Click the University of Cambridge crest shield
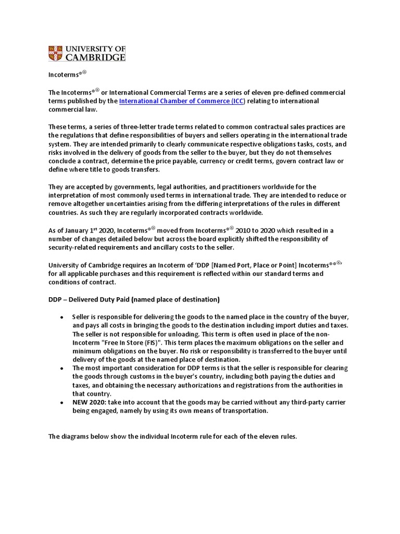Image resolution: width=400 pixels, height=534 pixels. [x=55, y=53]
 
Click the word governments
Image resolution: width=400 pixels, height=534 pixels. [x=116, y=187]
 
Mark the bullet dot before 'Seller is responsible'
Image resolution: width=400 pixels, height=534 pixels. [x=62, y=318]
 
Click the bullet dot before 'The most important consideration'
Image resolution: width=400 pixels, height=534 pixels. [x=62, y=368]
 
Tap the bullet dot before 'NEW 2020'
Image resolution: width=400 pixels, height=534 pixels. [x=62, y=403]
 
